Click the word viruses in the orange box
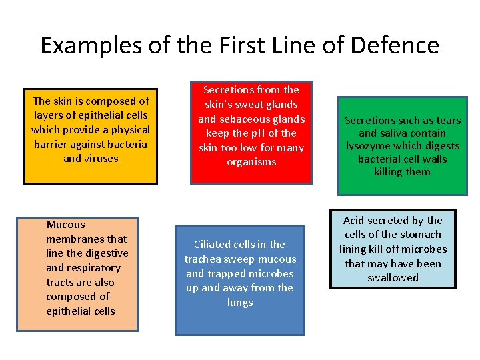click(100, 159)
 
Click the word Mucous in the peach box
click(65, 225)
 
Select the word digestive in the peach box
click(106, 253)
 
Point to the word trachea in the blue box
click(204, 259)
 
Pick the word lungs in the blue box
click(240, 303)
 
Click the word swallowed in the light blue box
click(393, 278)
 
